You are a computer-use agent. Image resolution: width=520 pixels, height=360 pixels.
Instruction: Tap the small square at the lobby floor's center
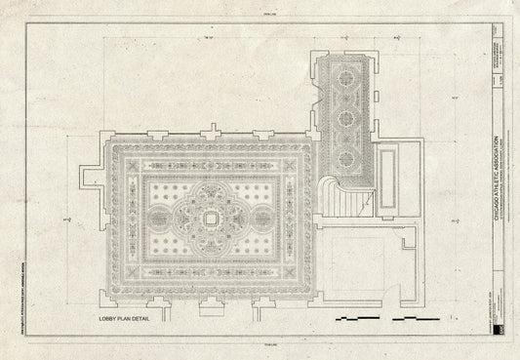pos(211,220)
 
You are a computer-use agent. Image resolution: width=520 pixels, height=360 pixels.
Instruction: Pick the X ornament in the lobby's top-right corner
pos(294,165)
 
